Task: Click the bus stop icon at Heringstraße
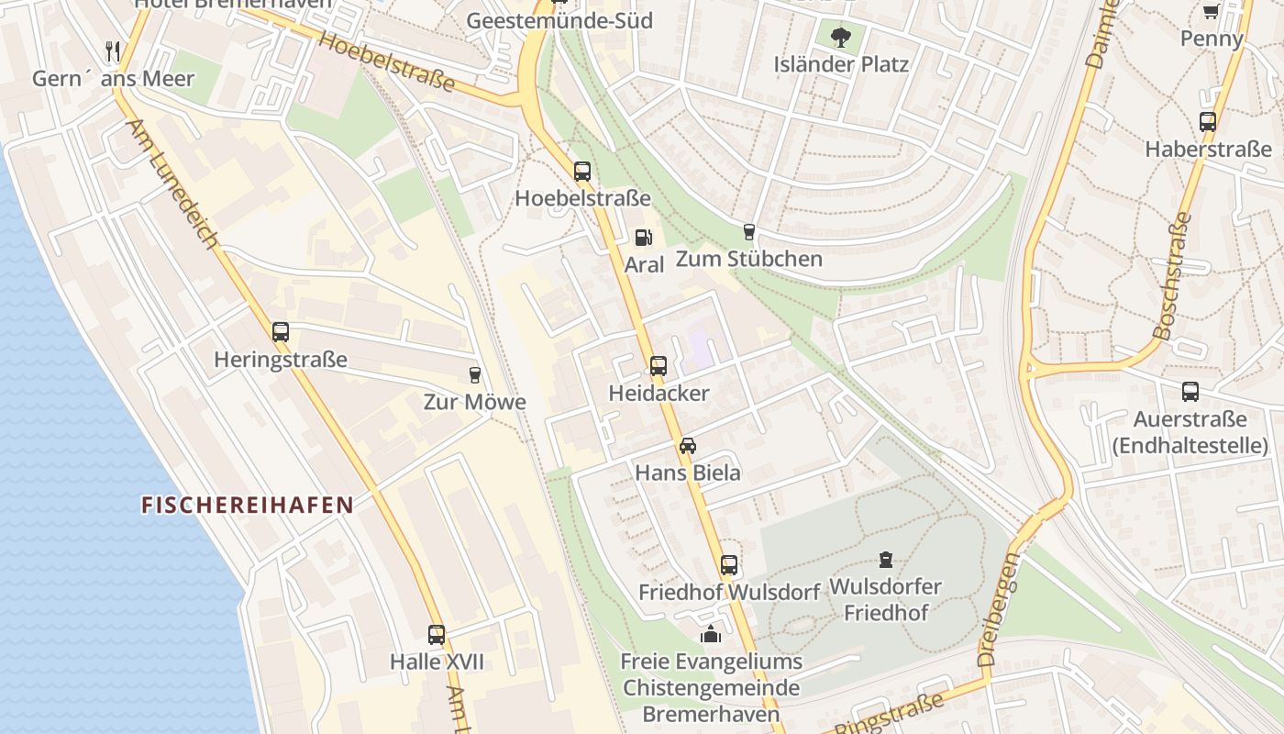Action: coord(281,332)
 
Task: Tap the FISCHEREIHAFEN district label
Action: coord(248,505)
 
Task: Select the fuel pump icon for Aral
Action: coord(644,238)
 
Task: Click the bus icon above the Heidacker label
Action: coord(659,366)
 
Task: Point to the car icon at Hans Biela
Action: coord(688,446)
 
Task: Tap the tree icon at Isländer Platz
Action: coord(840,38)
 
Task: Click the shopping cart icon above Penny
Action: coord(1211,12)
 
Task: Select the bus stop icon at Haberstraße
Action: coord(1208,121)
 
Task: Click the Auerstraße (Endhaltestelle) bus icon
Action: coord(1190,392)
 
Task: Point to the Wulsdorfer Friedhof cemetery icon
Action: coord(885,559)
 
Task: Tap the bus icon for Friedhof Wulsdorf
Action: coord(729,565)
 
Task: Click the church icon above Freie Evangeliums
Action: coord(711,634)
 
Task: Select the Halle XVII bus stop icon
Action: coord(437,634)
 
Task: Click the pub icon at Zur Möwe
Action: coord(474,374)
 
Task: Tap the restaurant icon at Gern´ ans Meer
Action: coord(114,50)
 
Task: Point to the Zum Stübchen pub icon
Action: coord(749,231)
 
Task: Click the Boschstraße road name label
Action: coord(1174,275)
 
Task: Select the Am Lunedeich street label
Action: coord(172,183)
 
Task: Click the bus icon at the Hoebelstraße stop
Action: coord(582,172)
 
